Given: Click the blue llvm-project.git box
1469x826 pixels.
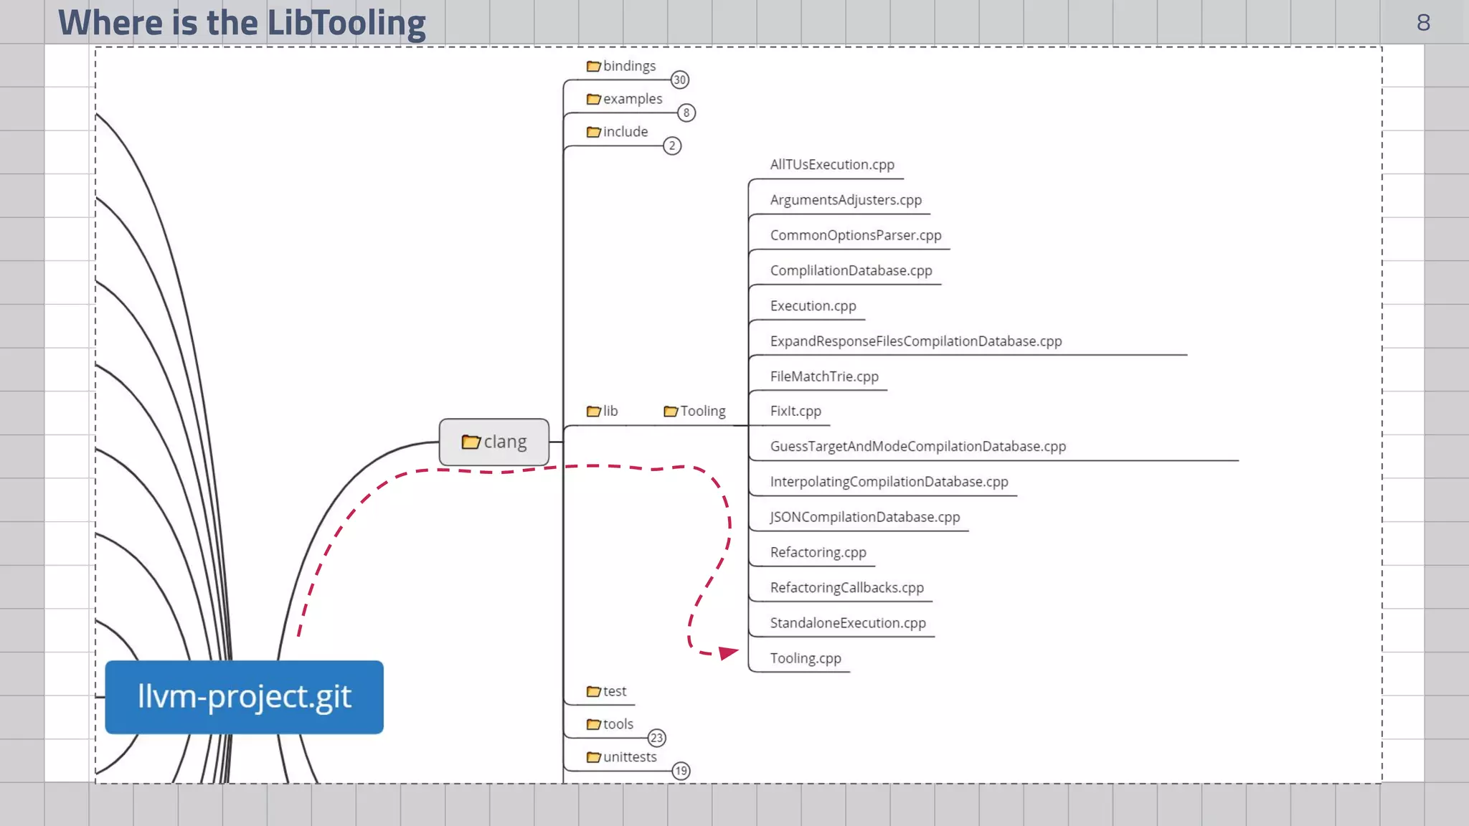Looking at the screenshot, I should click(x=244, y=696).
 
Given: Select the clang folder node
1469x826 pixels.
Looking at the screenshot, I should click(x=494, y=442).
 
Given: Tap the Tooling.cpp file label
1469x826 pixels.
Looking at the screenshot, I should click(x=805, y=658).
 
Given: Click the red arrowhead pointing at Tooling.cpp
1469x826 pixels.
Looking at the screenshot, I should click(x=728, y=652).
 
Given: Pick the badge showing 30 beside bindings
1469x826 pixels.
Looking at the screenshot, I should click(x=680, y=80).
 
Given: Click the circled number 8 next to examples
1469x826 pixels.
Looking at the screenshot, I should click(x=686, y=113).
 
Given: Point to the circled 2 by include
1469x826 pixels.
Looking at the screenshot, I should click(x=672, y=146).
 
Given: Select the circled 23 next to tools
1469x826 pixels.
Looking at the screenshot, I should click(x=657, y=738).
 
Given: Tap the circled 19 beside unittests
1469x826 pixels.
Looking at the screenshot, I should click(x=681, y=771).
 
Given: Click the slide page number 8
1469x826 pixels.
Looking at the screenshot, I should click(x=1423, y=23).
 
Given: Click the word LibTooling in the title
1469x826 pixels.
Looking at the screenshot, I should click(x=346, y=23).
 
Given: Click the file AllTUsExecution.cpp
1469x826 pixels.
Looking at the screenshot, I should click(x=832, y=164).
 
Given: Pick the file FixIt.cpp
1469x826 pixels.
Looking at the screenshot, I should click(x=795, y=411).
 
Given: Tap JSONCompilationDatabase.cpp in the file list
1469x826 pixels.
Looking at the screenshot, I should click(x=864, y=517).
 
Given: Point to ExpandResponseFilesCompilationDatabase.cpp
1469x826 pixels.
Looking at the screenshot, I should click(x=916, y=341).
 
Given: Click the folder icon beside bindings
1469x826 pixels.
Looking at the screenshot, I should click(x=593, y=66).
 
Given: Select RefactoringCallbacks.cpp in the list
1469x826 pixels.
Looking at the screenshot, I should click(x=846, y=587).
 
